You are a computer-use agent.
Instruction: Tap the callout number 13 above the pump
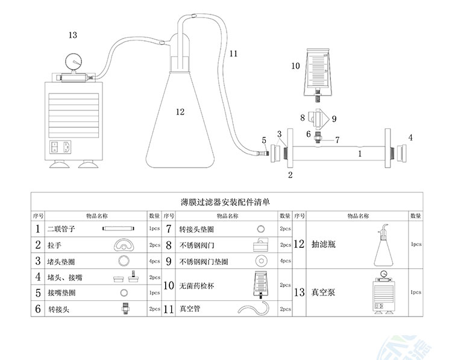coord(72,35)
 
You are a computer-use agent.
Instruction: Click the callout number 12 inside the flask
coord(180,111)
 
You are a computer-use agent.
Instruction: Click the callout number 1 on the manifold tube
coord(360,154)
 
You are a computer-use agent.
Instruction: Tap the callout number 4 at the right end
coord(410,137)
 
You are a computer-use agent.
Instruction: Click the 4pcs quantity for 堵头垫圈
coord(154,261)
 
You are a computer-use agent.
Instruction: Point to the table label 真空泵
coord(320,292)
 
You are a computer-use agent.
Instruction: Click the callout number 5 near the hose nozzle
coord(264,141)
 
